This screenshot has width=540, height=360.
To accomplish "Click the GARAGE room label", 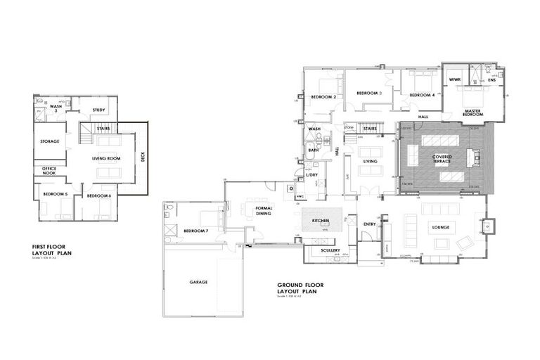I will [x=198, y=282].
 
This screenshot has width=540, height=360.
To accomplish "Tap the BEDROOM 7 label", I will [x=195, y=231].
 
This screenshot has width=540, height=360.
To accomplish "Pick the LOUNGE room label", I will [x=441, y=226].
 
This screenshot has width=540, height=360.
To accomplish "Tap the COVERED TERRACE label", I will [x=442, y=158].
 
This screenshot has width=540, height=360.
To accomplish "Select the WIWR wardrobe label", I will [x=454, y=80].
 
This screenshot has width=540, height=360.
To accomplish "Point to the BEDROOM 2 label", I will [x=324, y=96].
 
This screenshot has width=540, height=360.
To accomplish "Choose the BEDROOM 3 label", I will [x=368, y=93].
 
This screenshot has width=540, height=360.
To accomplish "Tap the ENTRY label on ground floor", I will [x=369, y=224].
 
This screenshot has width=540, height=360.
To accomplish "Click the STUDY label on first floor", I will [x=98, y=109].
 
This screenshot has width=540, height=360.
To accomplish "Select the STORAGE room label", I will [x=50, y=141].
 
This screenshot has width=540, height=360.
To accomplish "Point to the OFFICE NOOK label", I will [x=49, y=172].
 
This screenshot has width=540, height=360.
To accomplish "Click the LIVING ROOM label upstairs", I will [x=106, y=159].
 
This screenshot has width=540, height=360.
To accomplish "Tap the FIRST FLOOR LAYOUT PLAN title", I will [x=53, y=250].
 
